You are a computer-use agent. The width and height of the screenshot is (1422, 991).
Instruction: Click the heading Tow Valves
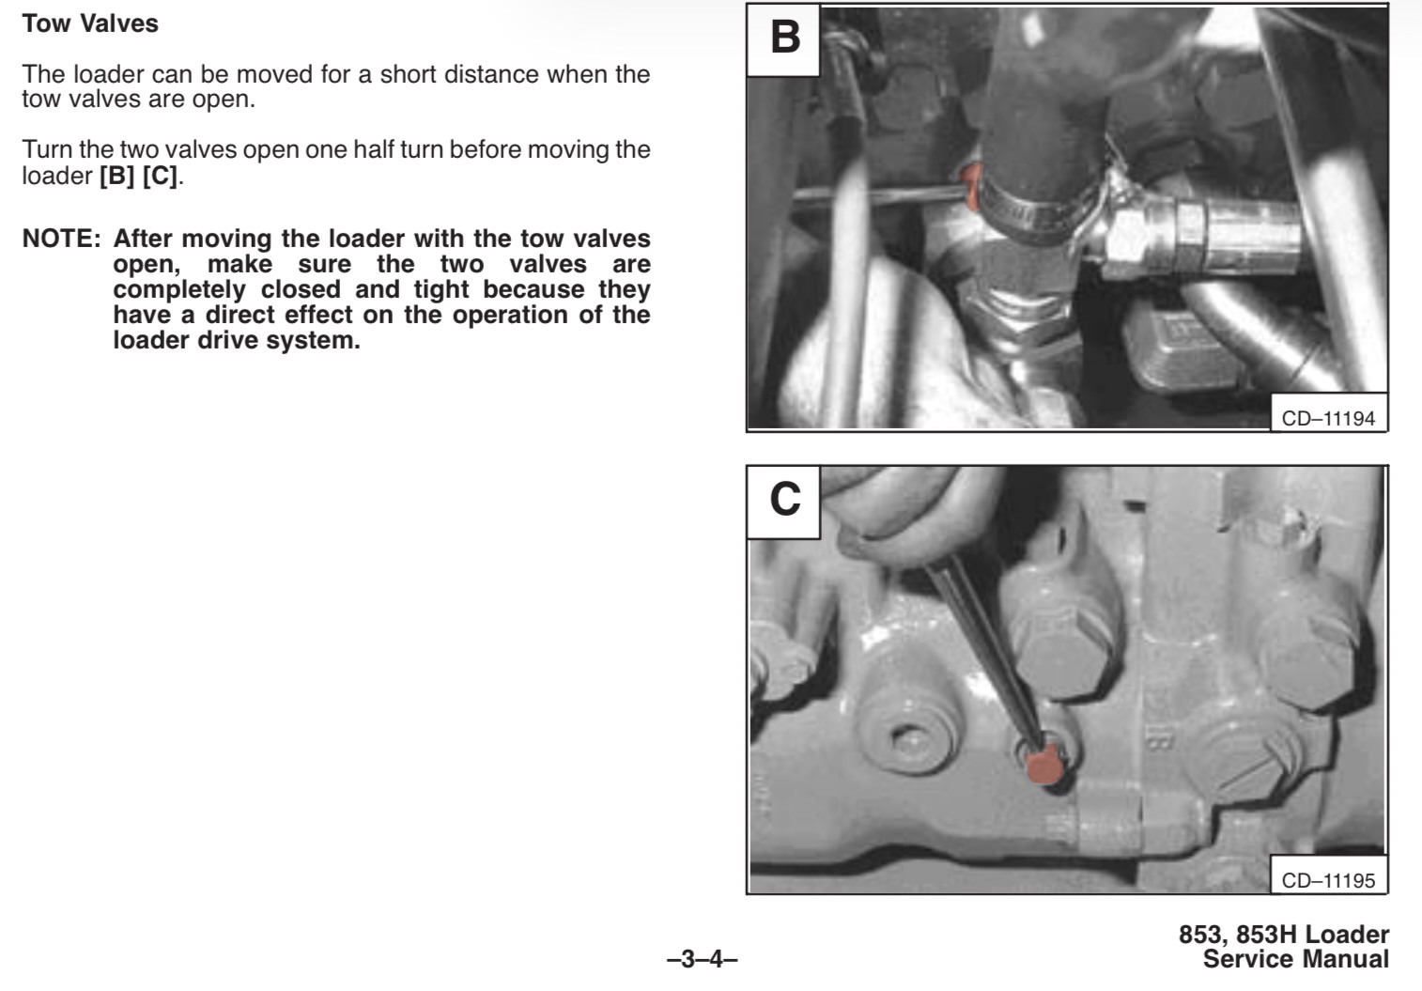[x=90, y=23]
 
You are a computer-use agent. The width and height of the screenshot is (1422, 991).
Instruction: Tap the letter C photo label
[x=784, y=500]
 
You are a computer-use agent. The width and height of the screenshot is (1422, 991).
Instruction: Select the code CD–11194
[x=1328, y=418]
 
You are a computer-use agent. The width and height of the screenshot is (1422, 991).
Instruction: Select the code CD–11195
[x=1328, y=880]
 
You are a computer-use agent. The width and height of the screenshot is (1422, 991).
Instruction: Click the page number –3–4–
[x=703, y=959]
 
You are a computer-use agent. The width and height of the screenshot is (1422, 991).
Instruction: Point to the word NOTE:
[x=62, y=239]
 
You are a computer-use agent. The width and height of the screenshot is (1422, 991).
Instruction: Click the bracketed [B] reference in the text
[x=116, y=176]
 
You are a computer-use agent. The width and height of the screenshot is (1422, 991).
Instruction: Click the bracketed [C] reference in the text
[x=160, y=176]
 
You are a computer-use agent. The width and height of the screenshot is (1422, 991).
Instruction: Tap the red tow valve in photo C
[x=1044, y=766]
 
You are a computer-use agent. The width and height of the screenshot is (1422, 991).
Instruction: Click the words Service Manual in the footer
[x=1295, y=959]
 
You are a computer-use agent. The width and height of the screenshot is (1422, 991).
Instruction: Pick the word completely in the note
[x=179, y=290]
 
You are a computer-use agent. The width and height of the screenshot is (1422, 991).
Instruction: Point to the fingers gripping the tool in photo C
[x=908, y=514]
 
